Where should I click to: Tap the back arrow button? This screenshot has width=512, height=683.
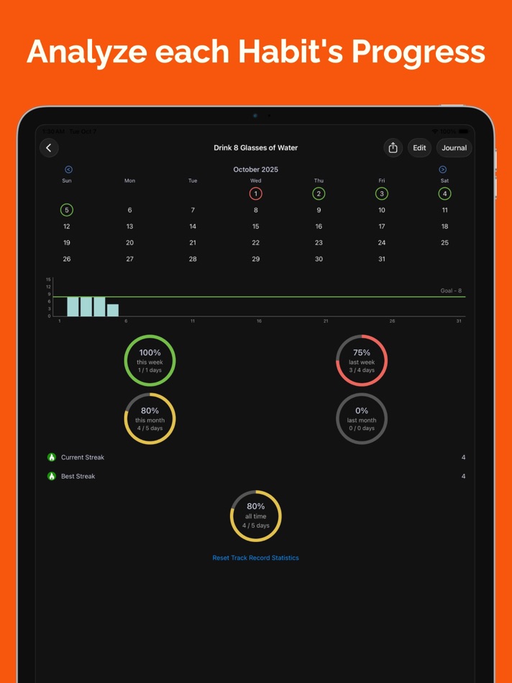pos(49,148)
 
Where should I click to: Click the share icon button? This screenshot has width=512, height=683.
pos(393,148)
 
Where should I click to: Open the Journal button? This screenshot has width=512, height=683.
pos(454,148)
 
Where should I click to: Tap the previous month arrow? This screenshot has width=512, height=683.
pos(68,170)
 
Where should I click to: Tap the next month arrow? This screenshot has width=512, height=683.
pos(442,170)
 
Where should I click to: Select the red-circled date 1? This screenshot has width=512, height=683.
pos(255,193)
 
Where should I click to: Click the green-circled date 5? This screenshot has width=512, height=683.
pos(67,210)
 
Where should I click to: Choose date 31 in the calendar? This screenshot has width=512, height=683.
pos(381,259)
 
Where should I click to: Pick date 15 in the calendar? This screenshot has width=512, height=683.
pos(255,226)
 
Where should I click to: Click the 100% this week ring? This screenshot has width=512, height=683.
pos(150,360)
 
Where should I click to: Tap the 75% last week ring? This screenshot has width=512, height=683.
pos(362,360)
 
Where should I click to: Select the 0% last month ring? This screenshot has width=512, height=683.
pos(362,418)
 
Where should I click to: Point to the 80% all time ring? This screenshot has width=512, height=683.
pos(255,515)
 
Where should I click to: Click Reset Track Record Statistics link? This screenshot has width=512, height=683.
pos(255,558)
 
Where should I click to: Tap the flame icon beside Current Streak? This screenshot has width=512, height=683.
pos(52,457)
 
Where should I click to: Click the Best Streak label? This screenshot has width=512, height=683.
pos(78,476)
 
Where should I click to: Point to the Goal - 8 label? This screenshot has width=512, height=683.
pos(451,291)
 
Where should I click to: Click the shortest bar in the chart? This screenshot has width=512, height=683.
pos(113,311)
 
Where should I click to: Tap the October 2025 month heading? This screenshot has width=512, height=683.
pos(255,170)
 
